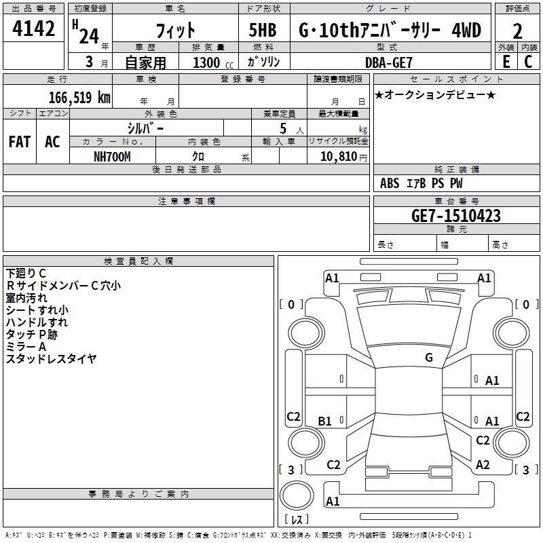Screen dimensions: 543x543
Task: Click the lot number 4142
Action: (x=33, y=29)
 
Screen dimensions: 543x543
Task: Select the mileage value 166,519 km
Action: (x=79, y=97)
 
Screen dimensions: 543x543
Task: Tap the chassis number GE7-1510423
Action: (x=456, y=216)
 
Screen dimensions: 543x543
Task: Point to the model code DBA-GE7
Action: (x=389, y=62)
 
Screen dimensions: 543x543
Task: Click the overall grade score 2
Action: (x=517, y=31)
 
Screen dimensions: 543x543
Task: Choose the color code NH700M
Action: (x=112, y=157)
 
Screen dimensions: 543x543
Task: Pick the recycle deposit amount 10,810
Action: (x=339, y=157)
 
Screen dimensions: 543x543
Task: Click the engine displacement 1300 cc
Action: (x=213, y=62)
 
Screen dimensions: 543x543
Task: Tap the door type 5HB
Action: (x=263, y=30)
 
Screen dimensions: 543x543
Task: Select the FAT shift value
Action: (x=20, y=142)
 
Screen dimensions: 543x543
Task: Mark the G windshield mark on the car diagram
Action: (x=429, y=357)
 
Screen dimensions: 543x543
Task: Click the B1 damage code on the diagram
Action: (x=324, y=421)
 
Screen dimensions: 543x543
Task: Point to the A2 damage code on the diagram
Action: (x=483, y=465)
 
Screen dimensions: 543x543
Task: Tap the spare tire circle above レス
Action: (x=297, y=495)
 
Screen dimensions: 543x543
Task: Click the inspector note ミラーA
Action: (x=26, y=347)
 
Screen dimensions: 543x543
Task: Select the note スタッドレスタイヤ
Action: (x=51, y=359)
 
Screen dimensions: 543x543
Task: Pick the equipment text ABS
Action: (x=390, y=183)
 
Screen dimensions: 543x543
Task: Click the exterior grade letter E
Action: (x=506, y=62)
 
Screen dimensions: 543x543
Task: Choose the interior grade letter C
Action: (x=528, y=62)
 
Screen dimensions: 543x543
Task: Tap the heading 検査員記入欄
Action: (x=138, y=261)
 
